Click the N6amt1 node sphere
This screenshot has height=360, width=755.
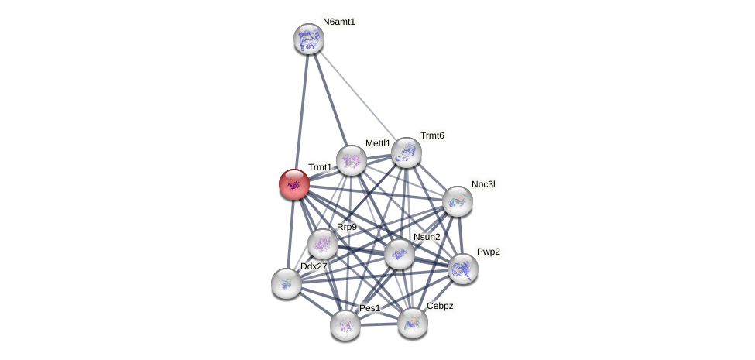click(308, 39)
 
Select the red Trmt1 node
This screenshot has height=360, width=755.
click(294, 184)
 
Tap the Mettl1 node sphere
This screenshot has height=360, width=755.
click(351, 160)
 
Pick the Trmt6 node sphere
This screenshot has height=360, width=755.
click(406, 153)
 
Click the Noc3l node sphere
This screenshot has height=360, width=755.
click(458, 201)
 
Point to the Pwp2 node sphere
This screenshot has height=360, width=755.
click(463, 269)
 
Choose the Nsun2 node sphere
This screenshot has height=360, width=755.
click(400, 254)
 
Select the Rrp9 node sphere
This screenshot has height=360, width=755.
click(323, 244)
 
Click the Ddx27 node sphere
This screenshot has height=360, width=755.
click(287, 283)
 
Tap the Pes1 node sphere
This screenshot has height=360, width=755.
click(345, 325)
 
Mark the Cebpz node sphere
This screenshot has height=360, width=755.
click(413, 323)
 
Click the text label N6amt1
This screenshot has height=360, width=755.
click(339, 22)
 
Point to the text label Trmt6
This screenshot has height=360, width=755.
click(432, 135)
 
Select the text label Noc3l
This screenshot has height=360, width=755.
click(483, 184)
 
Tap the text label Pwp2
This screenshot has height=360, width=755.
click(488, 252)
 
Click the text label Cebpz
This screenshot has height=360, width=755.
click(440, 306)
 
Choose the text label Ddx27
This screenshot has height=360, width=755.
click(314, 266)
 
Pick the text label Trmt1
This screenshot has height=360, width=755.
click(320, 167)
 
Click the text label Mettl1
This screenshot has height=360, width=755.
click(378, 143)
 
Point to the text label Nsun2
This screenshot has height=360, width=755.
click(427, 237)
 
